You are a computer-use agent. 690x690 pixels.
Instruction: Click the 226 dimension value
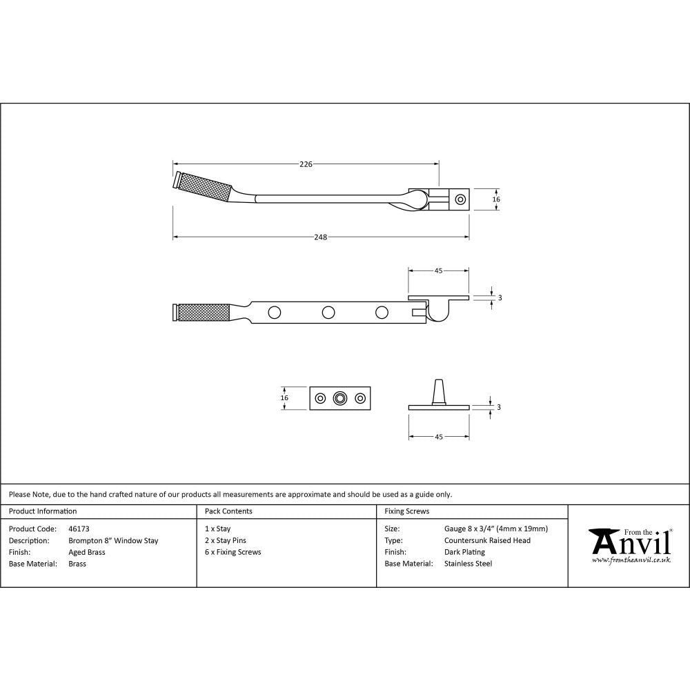(306, 164)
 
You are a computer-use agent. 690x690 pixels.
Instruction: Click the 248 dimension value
(320, 237)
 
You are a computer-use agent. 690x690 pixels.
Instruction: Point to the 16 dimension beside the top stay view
(496, 199)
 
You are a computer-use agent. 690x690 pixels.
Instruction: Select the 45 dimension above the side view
(438, 271)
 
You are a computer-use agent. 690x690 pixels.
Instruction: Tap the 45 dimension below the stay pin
(438, 437)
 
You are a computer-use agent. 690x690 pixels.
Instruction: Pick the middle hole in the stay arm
(328, 313)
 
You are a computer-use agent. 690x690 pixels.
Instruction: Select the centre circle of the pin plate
(339, 398)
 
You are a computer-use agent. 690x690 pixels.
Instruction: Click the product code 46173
(79, 529)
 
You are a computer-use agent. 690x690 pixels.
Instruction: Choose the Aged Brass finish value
(87, 553)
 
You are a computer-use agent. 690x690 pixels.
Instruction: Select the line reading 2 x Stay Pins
(226, 541)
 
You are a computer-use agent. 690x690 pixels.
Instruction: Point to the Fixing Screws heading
(407, 511)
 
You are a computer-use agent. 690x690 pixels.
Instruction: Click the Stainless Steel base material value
(469, 564)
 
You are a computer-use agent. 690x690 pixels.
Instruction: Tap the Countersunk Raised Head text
(488, 541)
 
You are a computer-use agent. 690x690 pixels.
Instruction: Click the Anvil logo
(629, 544)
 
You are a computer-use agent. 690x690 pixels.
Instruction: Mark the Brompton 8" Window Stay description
(113, 541)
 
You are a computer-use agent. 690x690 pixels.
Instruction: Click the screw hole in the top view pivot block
(460, 199)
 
